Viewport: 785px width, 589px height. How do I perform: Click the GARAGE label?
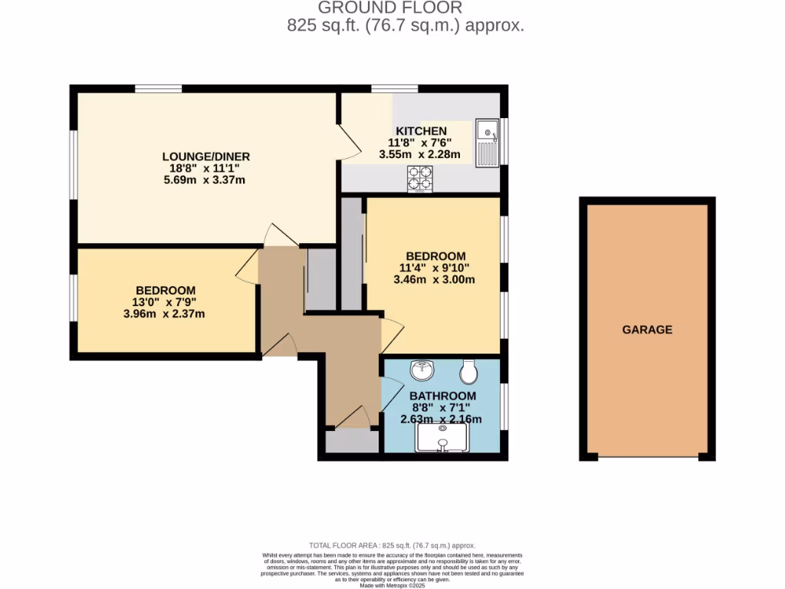pyautogui.click(x=647, y=330)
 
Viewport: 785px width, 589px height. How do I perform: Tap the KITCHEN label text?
pyautogui.click(x=420, y=131)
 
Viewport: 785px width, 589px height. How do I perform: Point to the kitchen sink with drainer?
pyautogui.click(x=487, y=143)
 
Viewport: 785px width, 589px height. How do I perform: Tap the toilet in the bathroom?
pyautogui.click(x=468, y=372)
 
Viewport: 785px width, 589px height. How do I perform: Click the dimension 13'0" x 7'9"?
pyautogui.click(x=166, y=301)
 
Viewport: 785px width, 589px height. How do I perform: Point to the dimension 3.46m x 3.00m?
pyautogui.click(x=435, y=279)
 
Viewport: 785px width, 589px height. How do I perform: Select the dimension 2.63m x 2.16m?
pyautogui.click(x=441, y=419)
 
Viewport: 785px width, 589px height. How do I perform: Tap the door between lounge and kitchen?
pyautogui.click(x=349, y=142)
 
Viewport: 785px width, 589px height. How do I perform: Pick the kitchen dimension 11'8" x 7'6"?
pyautogui.click(x=420, y=143)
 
